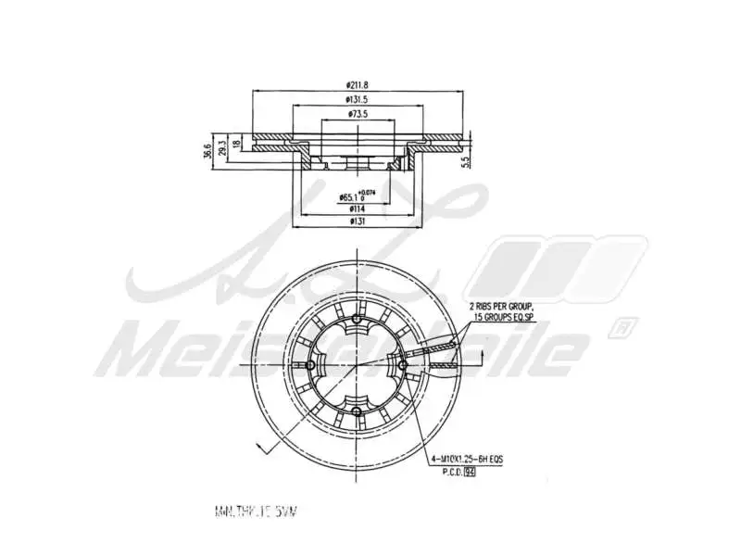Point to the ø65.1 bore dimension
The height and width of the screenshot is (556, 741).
349,197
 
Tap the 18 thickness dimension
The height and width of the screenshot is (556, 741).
237,145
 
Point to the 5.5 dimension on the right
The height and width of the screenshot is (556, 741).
468,160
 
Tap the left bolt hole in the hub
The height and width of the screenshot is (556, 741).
311,366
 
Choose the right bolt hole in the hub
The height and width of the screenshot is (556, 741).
402,366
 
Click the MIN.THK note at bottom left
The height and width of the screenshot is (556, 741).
258,512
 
